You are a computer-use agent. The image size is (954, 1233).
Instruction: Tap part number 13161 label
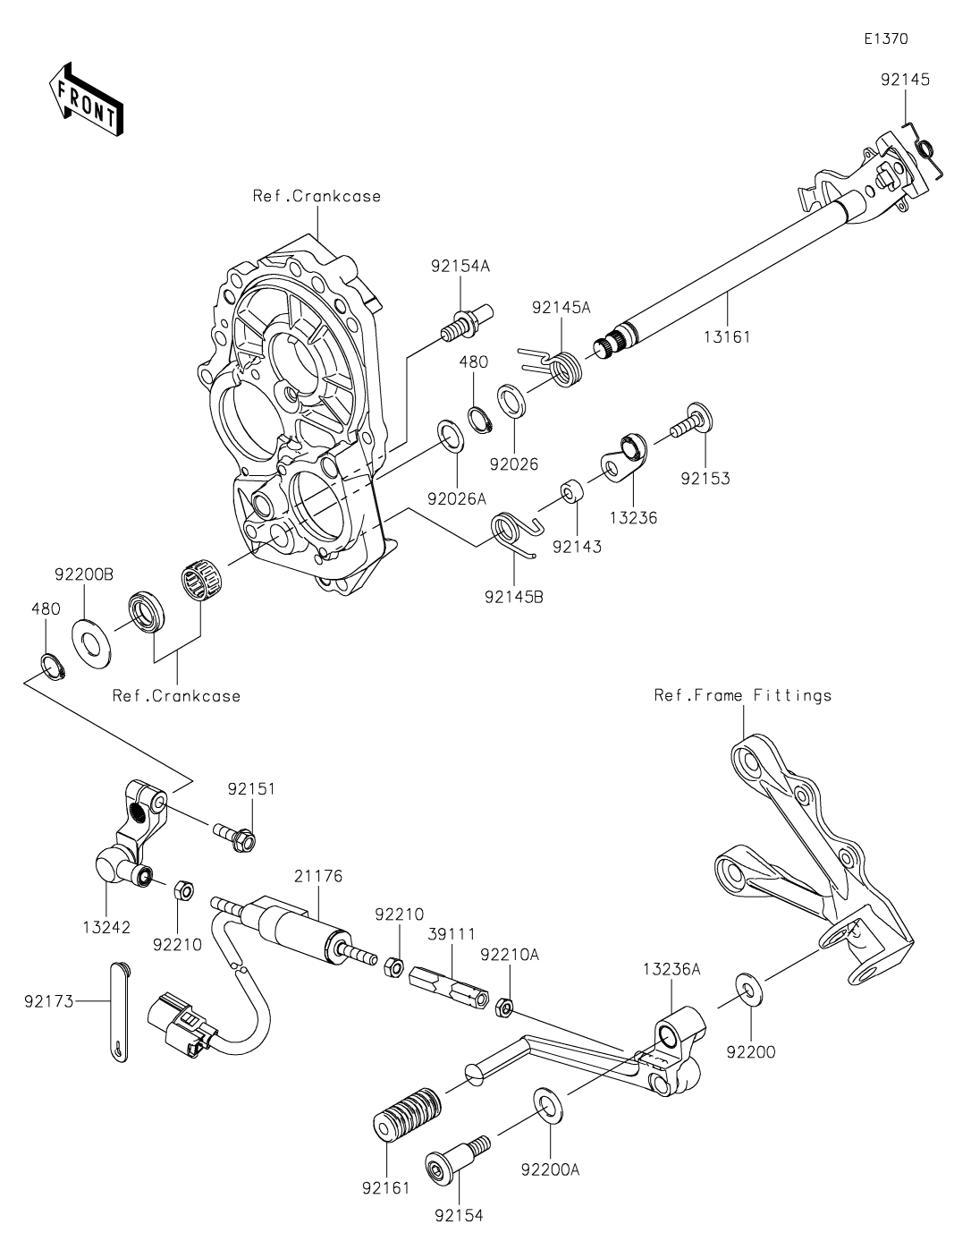click(x=727, y=336)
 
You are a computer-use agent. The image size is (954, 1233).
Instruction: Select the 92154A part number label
click(x=460, y=267)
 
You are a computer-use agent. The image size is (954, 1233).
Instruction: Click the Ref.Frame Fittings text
click(x=743, y=695)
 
